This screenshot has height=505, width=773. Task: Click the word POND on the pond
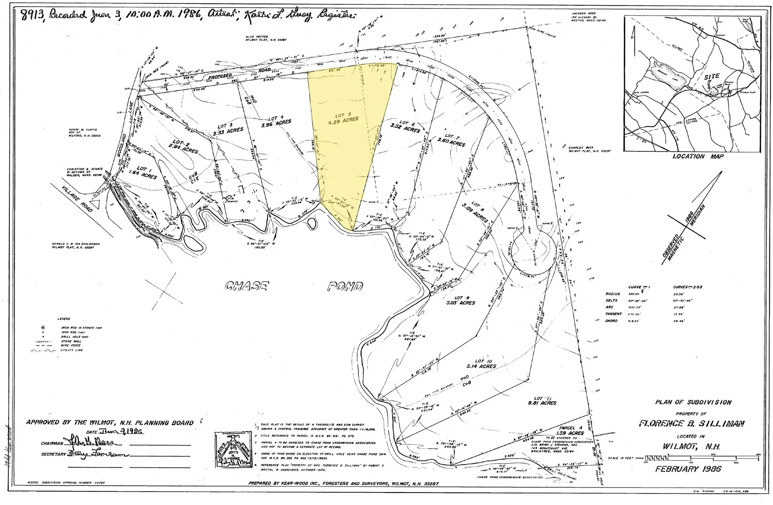point(345,287)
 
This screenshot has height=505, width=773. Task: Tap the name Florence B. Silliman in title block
point(692,423)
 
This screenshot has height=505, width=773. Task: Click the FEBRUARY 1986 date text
point(688,469)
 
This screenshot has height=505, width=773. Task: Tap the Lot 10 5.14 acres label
point(485,364)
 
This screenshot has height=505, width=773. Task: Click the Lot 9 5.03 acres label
point(459,300)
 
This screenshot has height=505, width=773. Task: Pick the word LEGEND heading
point(64,319)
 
